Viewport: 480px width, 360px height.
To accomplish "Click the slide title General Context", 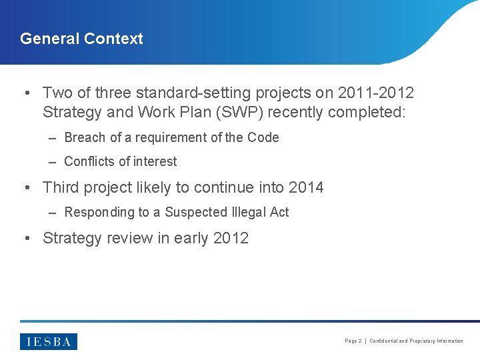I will click(x=81, y=39).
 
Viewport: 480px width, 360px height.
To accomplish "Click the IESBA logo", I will click(x=49, y=341).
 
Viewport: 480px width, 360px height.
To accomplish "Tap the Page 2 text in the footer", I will click(x=353, y=341).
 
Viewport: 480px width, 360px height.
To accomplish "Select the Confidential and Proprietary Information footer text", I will click(x=416, y=341).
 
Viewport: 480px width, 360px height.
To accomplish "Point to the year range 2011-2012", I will click(x=376, y=93).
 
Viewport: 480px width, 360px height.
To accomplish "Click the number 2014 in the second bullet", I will click(x=306, y=188).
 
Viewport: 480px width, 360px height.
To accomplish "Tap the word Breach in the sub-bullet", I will click(x=85, y=137).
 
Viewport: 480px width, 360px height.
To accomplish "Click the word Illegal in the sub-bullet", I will click(x=249, y=212).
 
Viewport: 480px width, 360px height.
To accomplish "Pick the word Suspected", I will click(x=196, y=212).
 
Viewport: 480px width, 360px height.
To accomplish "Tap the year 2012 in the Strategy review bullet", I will click(x=231, y=238).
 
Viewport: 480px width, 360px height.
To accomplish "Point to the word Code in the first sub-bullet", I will click(x=263, y=137).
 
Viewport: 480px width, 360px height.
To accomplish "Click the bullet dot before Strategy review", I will click(x=27, y=238).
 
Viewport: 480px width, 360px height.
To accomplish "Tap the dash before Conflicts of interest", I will click(x=52, y=161).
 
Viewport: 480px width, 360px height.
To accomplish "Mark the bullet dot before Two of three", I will click(x=27, y=93).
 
